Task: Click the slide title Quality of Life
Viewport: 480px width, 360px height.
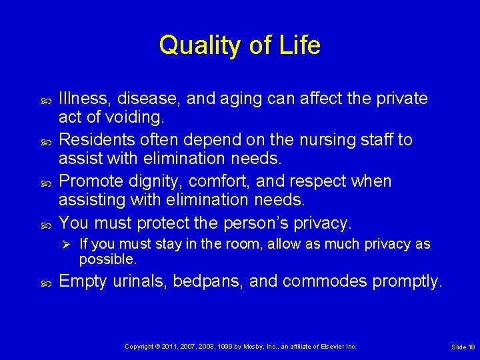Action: click(x=240, y=45)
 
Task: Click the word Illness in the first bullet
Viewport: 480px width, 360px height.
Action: click(x=85, y=99)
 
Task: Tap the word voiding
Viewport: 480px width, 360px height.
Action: click(x=138, y=118)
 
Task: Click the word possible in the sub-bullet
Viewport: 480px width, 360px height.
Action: click(x=107, y=258)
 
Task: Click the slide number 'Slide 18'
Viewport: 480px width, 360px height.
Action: click(x=463, y=347)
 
